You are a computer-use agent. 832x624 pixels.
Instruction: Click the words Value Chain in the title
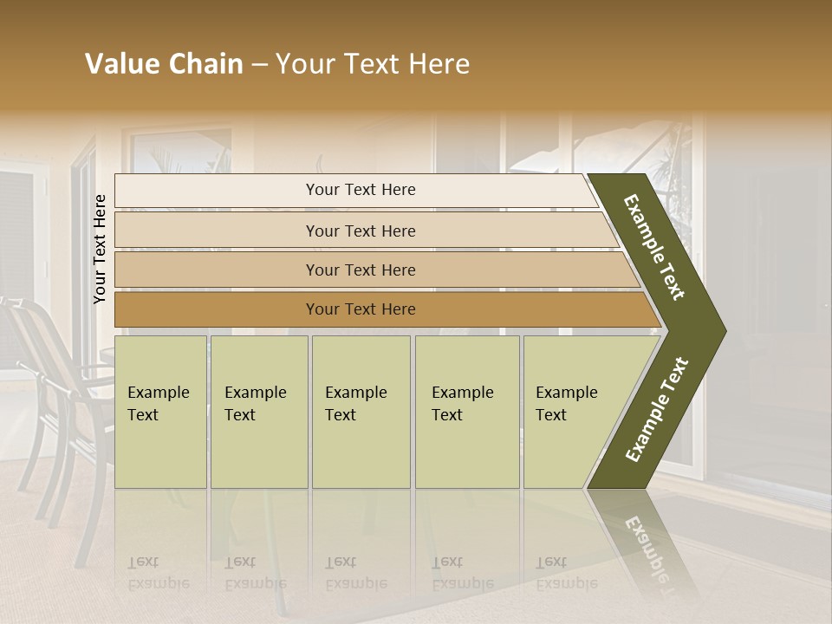point(164,64)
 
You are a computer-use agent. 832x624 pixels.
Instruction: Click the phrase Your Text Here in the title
point(373,64)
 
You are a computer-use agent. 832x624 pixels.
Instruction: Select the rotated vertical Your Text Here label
point(100,249)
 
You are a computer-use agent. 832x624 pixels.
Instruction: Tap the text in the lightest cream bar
point(361,190)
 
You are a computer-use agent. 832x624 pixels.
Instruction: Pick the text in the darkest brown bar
point(361,309)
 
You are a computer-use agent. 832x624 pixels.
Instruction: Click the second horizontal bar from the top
point(361,231)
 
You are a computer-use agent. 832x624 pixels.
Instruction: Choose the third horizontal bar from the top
point(361,270)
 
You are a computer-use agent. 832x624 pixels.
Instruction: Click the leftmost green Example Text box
point(160,412)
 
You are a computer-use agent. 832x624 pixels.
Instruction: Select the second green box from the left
point(258,412)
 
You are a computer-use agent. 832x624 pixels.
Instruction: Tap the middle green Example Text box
point(361,412)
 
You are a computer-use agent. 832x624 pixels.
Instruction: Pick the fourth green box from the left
point(466,412)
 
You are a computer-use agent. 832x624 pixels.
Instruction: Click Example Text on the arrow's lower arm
point(657,409)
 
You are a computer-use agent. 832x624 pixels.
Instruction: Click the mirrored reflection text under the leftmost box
point(158,573)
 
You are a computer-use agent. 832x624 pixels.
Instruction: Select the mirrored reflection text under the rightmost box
point(566,573)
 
